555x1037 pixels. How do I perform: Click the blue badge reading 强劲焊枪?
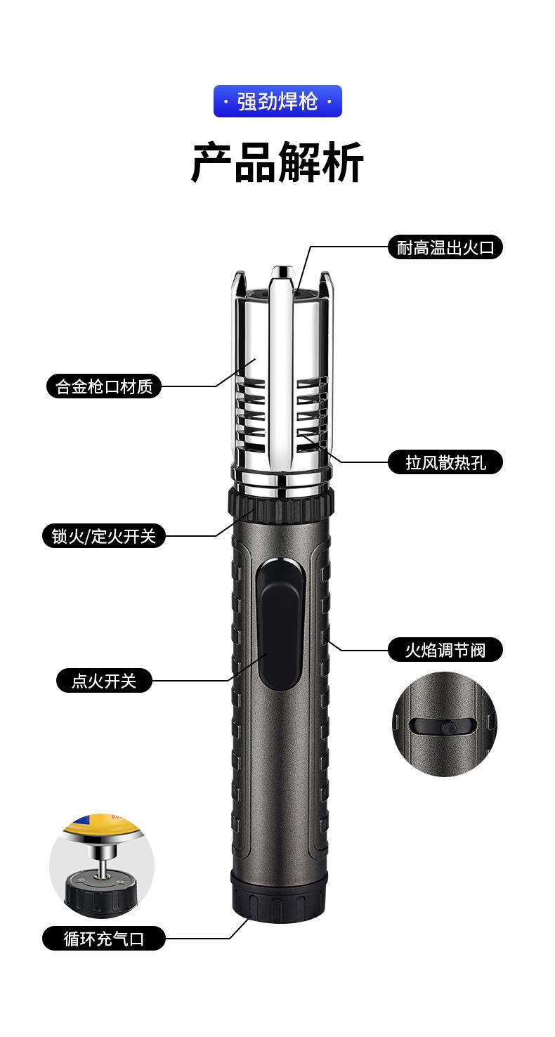pos(277,101)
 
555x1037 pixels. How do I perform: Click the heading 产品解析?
pos(277,162)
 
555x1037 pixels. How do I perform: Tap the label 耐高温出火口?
pos(445,247)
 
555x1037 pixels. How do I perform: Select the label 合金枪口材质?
pos(104,386)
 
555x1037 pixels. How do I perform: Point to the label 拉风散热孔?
pos(445,462)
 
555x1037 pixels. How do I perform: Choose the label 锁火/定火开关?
pos(104,536)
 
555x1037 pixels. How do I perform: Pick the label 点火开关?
pos(104,681)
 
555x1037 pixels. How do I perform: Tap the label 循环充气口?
pos(104,939)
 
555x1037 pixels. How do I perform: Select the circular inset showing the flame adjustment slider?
pos(444,724)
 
